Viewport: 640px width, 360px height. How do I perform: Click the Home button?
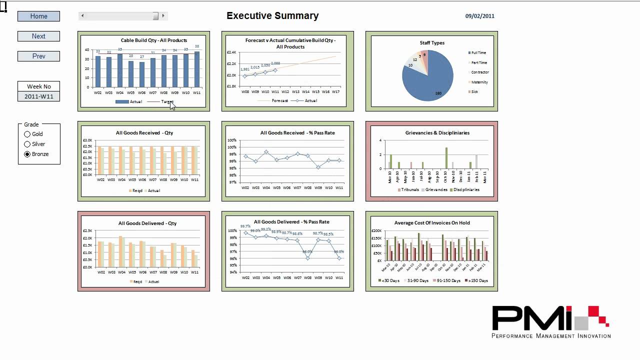point(38,16)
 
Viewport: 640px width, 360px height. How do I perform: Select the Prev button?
point(38,56)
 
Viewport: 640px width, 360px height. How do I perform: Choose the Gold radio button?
point(27,134)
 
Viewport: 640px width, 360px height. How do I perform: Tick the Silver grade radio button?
point(27,144)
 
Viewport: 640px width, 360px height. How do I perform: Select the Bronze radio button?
point(27,154)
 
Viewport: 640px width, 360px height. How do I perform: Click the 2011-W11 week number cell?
point(38,96)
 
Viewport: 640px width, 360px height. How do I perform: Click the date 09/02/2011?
point(479,16)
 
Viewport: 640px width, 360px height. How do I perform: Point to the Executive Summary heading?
point(272,15)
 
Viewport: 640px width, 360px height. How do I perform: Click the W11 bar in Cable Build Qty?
point(197,69)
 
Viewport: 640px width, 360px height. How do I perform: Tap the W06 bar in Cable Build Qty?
point(142,74)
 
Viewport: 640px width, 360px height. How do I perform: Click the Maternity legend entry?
point(479,82)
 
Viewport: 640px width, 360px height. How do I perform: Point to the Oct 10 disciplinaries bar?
point(446,158)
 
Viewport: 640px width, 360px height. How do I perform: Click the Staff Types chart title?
point(431,43)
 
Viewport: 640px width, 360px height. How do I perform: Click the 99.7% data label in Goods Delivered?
point(245,226)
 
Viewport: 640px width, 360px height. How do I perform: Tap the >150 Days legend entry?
point(478,280)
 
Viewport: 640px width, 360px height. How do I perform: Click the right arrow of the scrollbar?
point(163,16)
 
